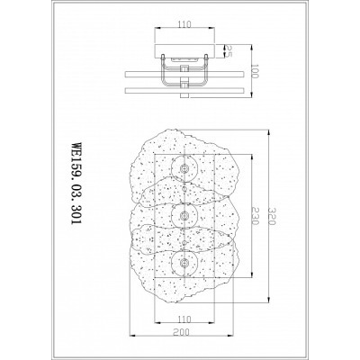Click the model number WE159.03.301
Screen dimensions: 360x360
(76, 183)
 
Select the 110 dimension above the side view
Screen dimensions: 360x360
(184, 23)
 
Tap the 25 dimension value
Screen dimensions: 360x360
(229, 51)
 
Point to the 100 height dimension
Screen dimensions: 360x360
(255, 71)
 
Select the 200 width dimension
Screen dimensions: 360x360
(184, 332)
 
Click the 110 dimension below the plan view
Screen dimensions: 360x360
(184, 319)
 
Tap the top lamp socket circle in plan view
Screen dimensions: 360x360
(184, 168)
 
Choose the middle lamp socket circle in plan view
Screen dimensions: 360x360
(184, 215)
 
